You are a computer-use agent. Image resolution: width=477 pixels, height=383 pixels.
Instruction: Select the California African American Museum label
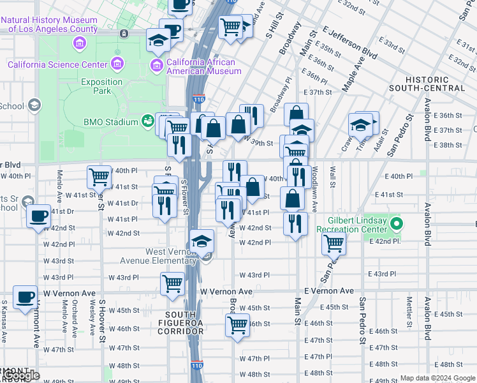[201, 66]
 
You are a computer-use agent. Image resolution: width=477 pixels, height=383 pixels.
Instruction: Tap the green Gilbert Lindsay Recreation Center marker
[397, 224]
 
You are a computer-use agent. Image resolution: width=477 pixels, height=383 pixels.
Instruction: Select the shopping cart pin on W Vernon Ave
[173, 283]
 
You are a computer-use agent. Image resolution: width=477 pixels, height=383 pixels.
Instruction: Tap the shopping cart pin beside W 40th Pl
[99, 177]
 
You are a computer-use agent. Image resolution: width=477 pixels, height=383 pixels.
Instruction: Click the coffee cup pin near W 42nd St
[39, 216]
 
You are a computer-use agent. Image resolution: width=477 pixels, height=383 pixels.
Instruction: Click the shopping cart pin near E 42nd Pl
[334, 242]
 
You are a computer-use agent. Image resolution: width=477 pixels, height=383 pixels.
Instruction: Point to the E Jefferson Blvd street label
[349, 41]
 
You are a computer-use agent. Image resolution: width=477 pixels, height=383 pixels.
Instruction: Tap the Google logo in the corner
[22, 375]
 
